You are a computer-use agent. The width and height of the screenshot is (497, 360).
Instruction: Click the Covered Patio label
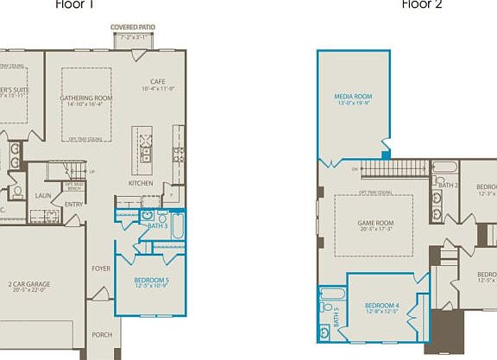(133, 27)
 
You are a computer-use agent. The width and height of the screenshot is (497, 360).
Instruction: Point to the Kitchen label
(142, 184)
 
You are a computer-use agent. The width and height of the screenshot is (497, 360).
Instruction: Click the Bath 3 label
(156, 225)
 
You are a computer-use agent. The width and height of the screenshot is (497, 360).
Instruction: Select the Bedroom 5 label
(152, 281)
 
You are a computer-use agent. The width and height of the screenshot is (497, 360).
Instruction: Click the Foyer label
(101, 268)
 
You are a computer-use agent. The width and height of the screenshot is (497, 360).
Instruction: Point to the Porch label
(102, 335)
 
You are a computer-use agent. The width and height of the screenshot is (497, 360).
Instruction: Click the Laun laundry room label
(43, 196)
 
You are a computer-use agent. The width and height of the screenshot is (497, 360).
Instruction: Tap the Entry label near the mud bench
(72, 204)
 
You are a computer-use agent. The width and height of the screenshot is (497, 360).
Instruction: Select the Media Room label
(352, 97)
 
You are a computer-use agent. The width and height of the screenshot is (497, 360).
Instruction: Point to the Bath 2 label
(447, 185)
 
